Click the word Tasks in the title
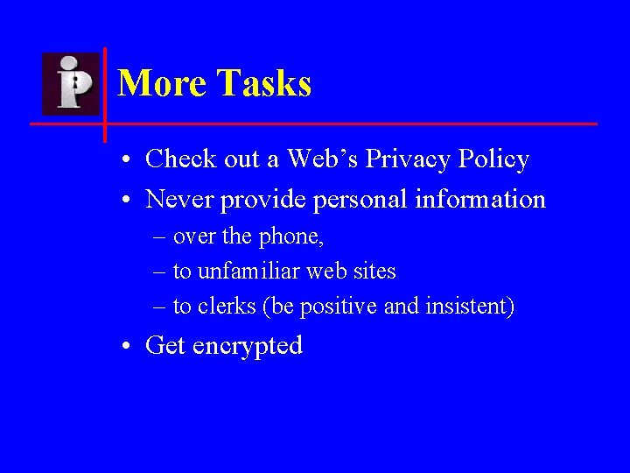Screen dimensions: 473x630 pyautogui.click(x=265, y=84)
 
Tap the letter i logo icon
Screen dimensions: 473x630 pyautogui.click(x=71, y=83)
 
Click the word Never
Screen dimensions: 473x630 pyautogui.click(x=180, y=200)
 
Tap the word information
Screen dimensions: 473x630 pyautogui.click(x=480, y=200)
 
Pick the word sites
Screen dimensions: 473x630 pyautogui.click(x=374, y=272)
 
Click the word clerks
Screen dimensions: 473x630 pyautogui.click(x=227, y=307)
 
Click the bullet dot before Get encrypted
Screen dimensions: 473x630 pyautogui.click(x=128, y=347)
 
